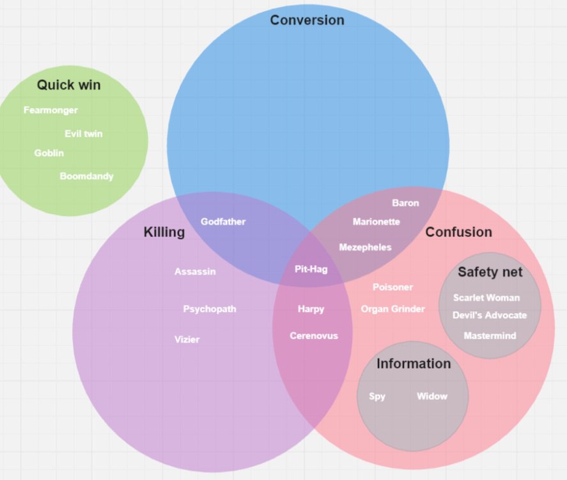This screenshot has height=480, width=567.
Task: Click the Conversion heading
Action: [x=307, y=20]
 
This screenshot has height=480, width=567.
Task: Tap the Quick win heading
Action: [x=68, y=85]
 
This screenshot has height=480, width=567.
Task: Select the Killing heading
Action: [x=164, y=232]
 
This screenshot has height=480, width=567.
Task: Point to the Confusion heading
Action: [x=458, y=232]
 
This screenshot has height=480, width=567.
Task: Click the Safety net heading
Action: [x=490, y=272]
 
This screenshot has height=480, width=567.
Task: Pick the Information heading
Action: [x=413, y=364]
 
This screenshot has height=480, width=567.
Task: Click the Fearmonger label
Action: [x=50, y=110]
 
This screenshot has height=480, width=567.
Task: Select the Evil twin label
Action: [x=83, y=134]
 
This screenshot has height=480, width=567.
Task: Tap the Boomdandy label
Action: [x=86, y=176]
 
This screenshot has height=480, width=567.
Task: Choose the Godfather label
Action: [x=223, y=222]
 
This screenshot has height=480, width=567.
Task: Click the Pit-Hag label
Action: [x=311, y=269]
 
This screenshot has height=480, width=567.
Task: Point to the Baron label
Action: [x=405, y=203]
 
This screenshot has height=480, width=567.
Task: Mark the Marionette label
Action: [x=376, y=222]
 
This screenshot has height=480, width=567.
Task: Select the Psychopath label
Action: [x=210, y=309]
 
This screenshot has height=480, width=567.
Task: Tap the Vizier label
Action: [x=187, y=339]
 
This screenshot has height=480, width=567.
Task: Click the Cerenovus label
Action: [x=313, y=336]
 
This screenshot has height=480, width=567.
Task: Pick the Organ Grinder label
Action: [x=392, y=309]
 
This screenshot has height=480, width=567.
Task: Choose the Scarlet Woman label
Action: [x=486, y=297]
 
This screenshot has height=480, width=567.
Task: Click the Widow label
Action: [x=432, y=396]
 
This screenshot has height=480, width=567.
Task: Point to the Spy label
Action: [x=377, y=396]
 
